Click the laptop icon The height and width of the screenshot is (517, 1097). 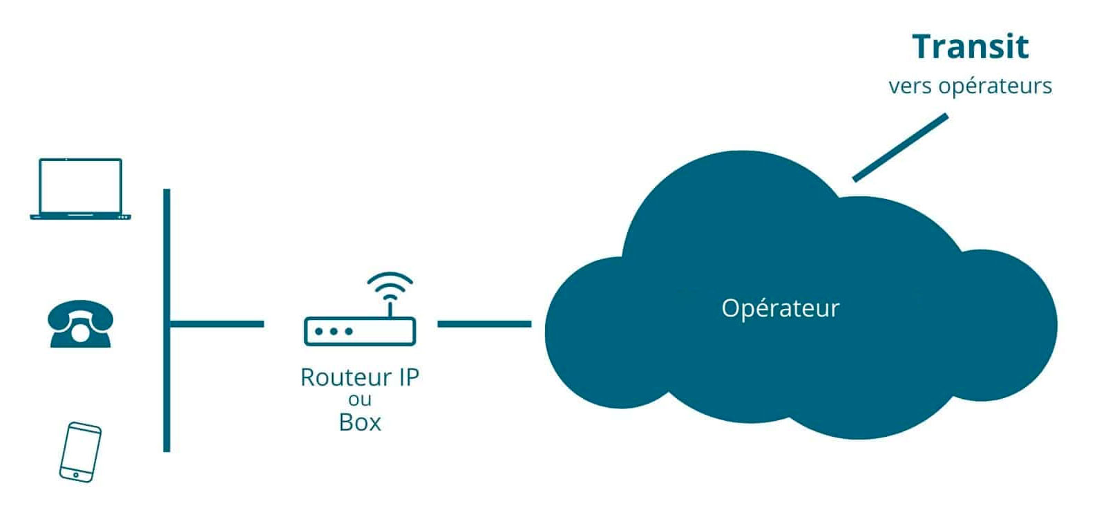pyautogui.click(x=80, y=189)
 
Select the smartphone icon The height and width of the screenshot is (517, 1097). pyautogui.click(x=80, y=452)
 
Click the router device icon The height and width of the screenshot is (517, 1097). pyautogui.click(x=360, y=331)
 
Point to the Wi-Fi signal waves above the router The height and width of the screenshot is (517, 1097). pyautogui.click(x=390, y=284)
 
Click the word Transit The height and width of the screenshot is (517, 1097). pyautogui.click(x=970, y=47)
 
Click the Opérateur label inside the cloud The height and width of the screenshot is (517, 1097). pyautogui.click(x=780, y=308)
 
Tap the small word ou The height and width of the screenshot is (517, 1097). pyautogui.click(x=360, y=400)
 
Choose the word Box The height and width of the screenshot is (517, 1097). pyautogui.click(x=360, y=422)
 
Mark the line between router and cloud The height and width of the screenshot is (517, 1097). pyautogui.click(x=484, y=323)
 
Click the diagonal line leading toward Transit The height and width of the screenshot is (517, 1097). pyautogui.click(x=900, y=148)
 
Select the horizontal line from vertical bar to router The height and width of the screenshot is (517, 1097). pyautogui.click(x=217, y=323)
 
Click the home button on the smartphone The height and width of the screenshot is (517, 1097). pyautogui.click(x=76, y=475)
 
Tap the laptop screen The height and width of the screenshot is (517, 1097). pyautogui.click(x=80, y=185)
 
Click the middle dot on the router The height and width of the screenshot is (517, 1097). pyautogui.click(x=334, y=332)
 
